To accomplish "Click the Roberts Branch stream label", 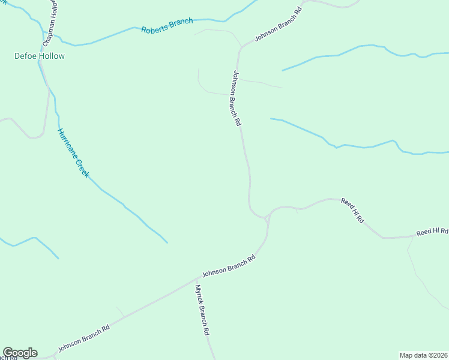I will click(x=167, y=26).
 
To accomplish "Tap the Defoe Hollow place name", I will click(x=40, y=56).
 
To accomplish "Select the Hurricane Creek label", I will click(x=73, y=152).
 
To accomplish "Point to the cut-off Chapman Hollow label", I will click(x=49, y=23).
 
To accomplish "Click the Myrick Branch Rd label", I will click(x=202, y=310).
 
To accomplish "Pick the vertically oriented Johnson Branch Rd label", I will click(x=237, y=98).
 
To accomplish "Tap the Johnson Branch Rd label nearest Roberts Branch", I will click(x=277, y=25).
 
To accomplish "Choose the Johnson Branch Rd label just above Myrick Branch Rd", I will click(x=229, y=265).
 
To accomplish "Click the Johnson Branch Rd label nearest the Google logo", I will click(x=83, y=339).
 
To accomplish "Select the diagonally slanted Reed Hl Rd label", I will click(x=352, y=211).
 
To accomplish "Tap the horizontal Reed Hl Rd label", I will click(x=432, y=232).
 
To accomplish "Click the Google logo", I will click(x=20, y=353).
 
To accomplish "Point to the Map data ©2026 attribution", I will click(x=424, y=355).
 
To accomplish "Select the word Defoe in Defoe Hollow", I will click(x=25, y=56).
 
